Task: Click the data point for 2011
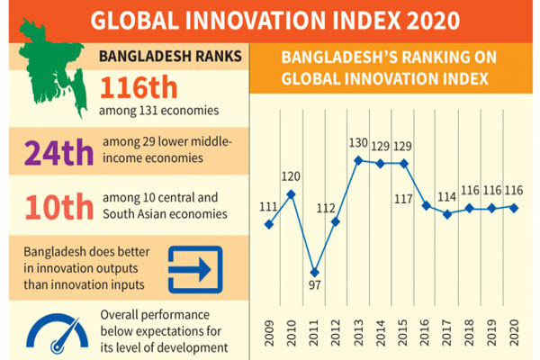coord(314,272)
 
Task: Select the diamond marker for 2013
coord(358,160)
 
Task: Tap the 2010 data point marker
coord(291,194)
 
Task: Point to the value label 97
coord(314,285)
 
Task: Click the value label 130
coord(358,142)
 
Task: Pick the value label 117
coord(403,199)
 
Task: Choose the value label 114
coord(446,197)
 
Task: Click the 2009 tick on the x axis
coord(269,333)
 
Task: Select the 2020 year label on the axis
coord(514,333)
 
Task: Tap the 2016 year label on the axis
coord(425,333)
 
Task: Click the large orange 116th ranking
coord(139,87)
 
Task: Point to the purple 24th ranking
coord(58,152)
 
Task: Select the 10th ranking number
coord(59,207)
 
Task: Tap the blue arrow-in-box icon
coord(195,269)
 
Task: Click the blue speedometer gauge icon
coord(58,333)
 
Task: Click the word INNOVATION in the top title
coord(256,21)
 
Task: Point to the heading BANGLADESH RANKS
coord(170,56)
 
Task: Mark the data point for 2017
coord(447,214)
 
